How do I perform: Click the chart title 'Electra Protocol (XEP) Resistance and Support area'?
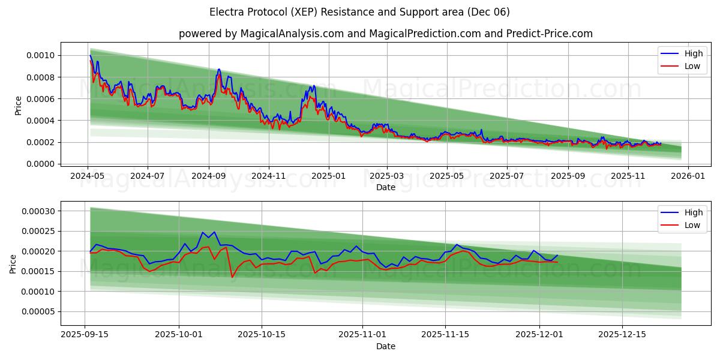[x=359, y=12]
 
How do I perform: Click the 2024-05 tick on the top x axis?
[x=88, y=176]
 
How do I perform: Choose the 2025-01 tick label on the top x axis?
[x=328, y=176]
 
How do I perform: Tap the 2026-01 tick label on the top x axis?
[x=688, y=176]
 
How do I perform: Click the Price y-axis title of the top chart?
[x=19, y=106]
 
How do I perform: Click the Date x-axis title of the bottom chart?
[x=385, y=346]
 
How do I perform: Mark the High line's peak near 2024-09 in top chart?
[x=219, y=69]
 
